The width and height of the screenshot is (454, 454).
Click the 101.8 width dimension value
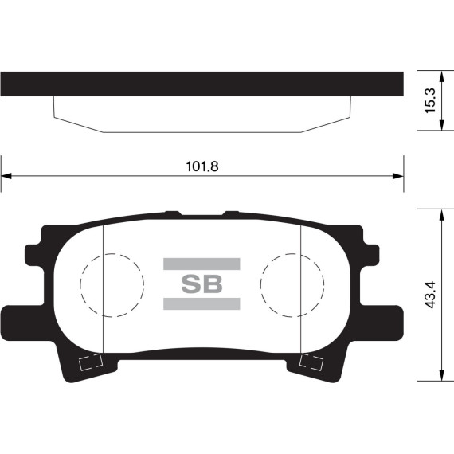point(202,166)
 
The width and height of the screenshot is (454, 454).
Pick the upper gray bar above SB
point(202,264)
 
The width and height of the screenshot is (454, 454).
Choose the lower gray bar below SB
point(202,303)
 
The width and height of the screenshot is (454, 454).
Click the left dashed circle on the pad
point(112,284)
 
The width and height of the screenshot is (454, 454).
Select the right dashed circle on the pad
point(292,284)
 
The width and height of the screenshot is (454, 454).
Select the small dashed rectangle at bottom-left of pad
point(91,364)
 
